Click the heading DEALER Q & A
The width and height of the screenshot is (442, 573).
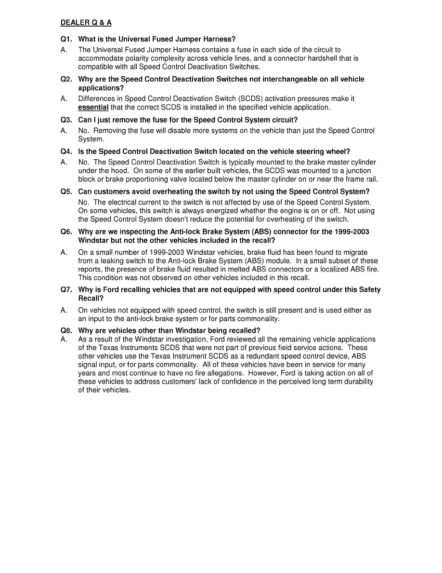86,23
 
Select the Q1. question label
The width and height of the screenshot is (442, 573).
66,39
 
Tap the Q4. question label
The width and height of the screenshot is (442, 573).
66,151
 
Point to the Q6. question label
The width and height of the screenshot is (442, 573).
66,232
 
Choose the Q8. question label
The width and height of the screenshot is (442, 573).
66,330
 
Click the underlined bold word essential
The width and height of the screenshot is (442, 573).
93,107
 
